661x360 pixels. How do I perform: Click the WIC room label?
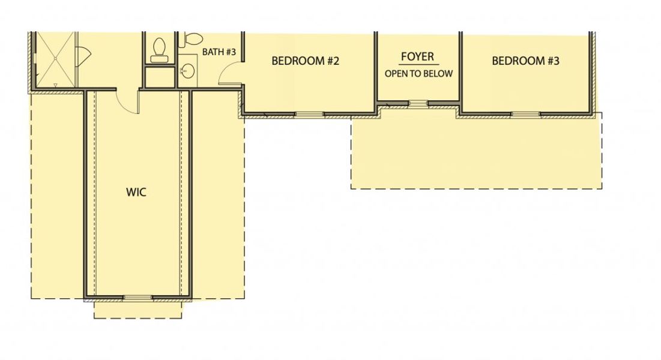tap(136, 193)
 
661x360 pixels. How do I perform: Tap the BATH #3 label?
tap(219, 52)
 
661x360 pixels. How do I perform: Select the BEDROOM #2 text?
tap(306, 61)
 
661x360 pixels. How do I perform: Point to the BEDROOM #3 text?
tap(525, 61)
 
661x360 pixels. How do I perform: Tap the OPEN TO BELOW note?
tap(418, 74)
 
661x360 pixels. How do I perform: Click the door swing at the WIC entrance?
tap(127, 100)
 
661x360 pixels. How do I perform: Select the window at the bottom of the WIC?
tap(137, 297)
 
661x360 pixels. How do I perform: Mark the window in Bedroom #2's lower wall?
tap(309, 113)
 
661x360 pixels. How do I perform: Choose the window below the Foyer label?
tap(418, 103)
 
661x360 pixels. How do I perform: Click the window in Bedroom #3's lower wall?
tap(525, 113)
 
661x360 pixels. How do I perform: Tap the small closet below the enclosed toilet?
tap(159, 78)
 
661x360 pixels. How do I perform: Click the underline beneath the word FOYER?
tap(418, 64)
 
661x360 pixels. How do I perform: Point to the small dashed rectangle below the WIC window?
tap(137, 309)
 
